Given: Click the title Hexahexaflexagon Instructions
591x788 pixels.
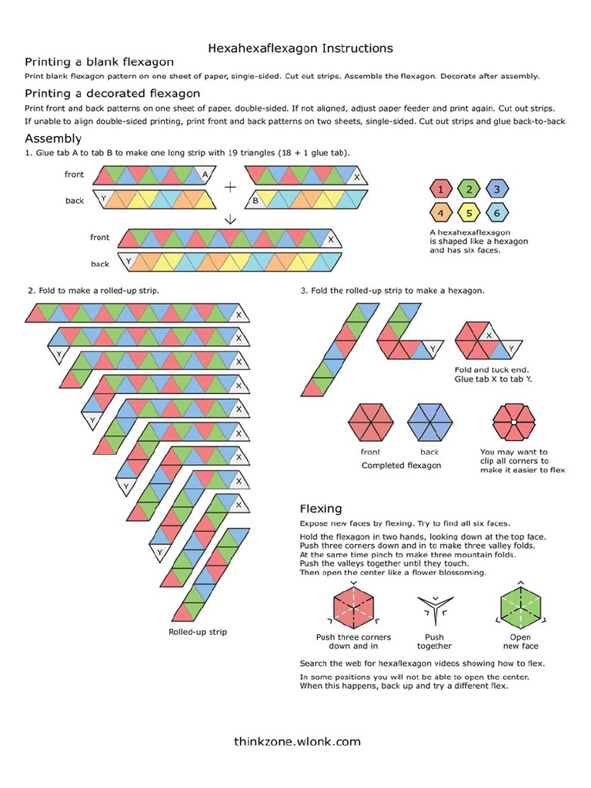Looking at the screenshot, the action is coord(300,48).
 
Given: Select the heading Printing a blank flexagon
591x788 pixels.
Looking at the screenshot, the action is coord(99,62).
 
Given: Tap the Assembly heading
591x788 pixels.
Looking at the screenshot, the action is coord(53,139).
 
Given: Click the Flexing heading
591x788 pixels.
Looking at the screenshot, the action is coord(320,509).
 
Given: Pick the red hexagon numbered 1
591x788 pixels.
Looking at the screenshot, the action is coord(440,189).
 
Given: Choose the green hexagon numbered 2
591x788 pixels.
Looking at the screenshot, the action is coord(468,189).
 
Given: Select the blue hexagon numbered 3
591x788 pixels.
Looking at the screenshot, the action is coord(496,189).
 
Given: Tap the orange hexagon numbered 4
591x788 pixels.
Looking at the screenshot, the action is coord(440,213).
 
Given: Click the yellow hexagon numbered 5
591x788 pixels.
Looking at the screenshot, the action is coord(468,213).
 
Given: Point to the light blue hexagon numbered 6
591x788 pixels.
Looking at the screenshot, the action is coord(496,213).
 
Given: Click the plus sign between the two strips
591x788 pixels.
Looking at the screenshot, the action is coord(230,187).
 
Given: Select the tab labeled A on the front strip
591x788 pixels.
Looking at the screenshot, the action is coord(205,175).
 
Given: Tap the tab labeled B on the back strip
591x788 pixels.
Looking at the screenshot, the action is coord(255,201).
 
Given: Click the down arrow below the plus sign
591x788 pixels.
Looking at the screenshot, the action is coord(230,219).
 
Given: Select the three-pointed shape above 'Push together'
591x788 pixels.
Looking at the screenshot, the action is coord(434,611).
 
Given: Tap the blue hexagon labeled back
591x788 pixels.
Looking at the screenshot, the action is coord(429,423).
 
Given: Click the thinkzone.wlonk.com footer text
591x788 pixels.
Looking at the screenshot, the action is coord(297,742).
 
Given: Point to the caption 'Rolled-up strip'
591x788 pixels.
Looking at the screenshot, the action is coord(198,632).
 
